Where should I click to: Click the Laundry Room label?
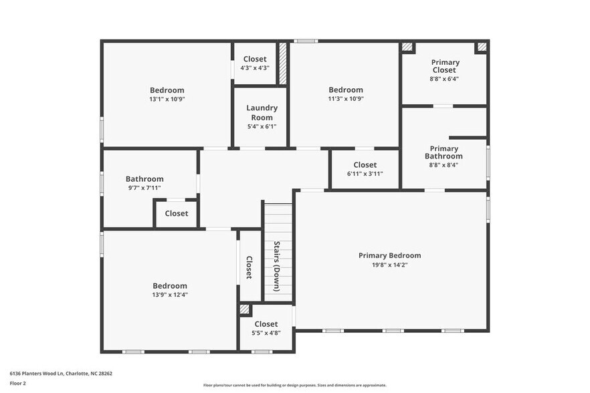tap(262, 112)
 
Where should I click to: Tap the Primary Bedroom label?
tap(389, 255)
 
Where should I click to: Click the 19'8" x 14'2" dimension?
tap(389, 265)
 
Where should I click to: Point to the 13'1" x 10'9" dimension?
tap(167, 99)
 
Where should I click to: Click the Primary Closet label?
tap(444, 65)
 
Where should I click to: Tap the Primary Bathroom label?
tap(444, 152)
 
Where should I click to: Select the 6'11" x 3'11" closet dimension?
tap(365, 174)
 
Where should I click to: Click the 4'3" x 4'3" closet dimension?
tap(255, 68)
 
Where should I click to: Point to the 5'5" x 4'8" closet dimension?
tap(266, 333)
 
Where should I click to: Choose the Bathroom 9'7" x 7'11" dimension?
tap(144, 188)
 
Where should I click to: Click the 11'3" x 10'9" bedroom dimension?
tap(346, 99)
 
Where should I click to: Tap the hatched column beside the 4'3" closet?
tap(282, 64)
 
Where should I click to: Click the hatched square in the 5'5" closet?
tap(245, 310)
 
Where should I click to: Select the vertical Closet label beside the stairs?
tap(249, 267)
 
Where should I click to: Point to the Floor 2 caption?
tap(18, 384)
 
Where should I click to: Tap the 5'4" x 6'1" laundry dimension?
tap(262, 126)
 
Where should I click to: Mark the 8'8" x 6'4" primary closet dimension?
tap(444, 79)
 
